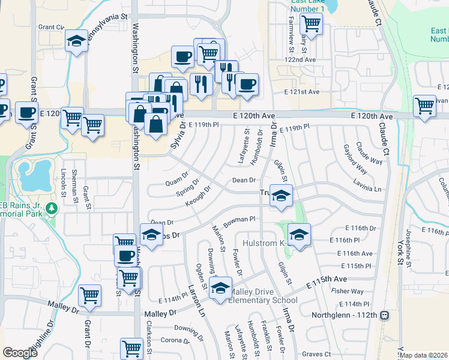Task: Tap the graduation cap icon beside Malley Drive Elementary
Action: pos(220,287)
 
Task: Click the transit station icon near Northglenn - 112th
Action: pos(384,315)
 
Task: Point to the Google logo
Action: pos(20,353)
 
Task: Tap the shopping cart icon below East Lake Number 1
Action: pos(312,24)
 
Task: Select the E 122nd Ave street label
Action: pos(300,60)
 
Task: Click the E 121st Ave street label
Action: pos(303,92)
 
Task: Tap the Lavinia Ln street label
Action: pos(367,188)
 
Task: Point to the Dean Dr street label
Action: pos(244,180)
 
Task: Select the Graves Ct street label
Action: pos(317,355)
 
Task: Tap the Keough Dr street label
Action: pos(198,196)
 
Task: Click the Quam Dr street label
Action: pos(176,181)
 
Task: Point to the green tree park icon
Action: pos(53,208)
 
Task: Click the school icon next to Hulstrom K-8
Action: pos(299,235)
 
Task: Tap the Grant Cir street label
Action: pos(51,27)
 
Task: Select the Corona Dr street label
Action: pos(176,340)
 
